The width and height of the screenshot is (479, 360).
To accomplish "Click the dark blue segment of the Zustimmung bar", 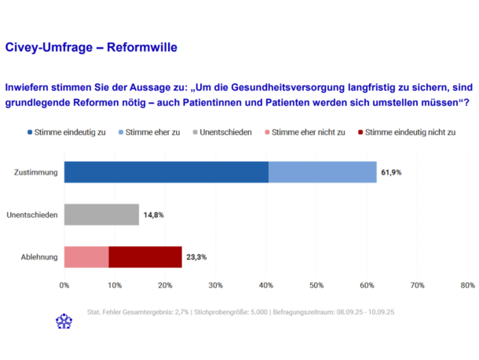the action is tap(166, 172).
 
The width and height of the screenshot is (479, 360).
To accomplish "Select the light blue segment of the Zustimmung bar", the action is tap(323, 172).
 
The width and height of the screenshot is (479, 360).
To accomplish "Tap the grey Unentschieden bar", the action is tap(101, 215).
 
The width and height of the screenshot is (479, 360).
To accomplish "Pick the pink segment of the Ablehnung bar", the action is tap(86, 257).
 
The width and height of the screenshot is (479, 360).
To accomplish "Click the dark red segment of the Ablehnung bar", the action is tap(145, 257).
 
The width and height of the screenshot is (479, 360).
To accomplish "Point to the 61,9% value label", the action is tap(391, 172).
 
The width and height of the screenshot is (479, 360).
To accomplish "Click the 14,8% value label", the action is tap(154, 215).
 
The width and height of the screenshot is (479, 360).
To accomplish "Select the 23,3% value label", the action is tap(196, 257).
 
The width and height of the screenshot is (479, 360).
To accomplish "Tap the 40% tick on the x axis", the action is tap(266, 285).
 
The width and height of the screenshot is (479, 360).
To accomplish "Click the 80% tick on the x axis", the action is tap(468, 285).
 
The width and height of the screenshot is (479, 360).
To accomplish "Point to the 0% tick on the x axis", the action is tap(64, 285).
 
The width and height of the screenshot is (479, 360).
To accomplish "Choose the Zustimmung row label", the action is tap(36, 172).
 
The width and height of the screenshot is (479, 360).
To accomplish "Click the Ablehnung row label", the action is tap(39, 257).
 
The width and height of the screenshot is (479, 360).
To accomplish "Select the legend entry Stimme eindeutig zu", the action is tap(67, 132).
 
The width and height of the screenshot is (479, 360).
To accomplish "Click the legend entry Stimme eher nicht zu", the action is tap(305, 132).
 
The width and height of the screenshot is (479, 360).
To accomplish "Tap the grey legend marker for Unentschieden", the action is tap(196, 132).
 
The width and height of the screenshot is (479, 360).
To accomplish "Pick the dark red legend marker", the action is tap(360, 132).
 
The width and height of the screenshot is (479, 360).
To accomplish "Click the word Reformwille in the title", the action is tap(142, 47).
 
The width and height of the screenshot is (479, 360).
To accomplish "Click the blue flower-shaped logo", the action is tap(64, 321).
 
